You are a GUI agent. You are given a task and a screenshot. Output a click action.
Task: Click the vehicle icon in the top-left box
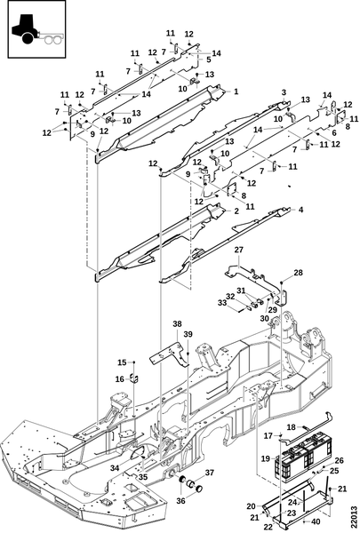(36, 29)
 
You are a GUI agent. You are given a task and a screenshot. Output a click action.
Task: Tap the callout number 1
(236, 91)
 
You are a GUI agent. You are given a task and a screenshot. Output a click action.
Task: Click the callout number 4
(209, 60)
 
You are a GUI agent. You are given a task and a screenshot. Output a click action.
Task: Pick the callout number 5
(334, 133)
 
